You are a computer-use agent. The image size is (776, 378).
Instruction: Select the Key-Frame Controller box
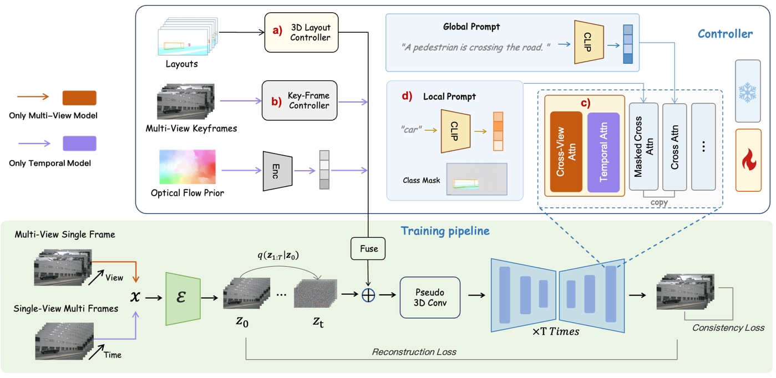coord(300,100)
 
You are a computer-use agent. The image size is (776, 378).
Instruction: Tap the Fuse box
coord(368,249)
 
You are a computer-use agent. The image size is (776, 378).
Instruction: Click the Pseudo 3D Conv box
coord(430,297)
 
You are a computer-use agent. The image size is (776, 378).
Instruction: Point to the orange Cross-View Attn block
coord(566,151)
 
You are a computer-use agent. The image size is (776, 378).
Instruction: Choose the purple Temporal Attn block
coord(603,151)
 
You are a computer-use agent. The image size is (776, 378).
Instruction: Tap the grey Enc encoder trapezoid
coord(277,171)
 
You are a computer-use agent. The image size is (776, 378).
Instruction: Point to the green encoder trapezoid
coord(182,297)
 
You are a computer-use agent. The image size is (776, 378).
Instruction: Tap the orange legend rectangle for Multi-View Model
coord(80,98)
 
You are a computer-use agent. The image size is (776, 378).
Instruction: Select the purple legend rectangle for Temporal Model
coord(80,144)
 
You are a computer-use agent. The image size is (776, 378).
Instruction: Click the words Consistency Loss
coord(728,328)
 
